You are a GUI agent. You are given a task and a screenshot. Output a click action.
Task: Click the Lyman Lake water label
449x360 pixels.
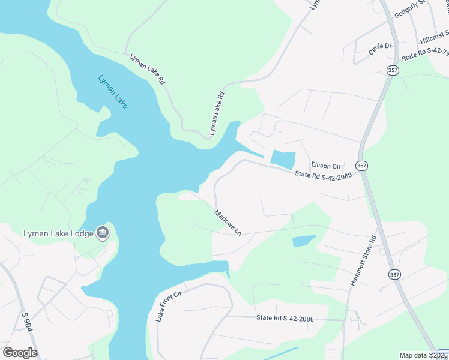[x=113, y=91]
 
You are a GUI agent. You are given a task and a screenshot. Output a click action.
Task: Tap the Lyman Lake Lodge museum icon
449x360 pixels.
[x=103, y=232]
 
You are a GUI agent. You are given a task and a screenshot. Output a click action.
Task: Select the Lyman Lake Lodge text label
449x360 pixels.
[x=58, y=233]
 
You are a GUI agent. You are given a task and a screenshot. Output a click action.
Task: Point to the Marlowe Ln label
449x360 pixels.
[x=229, y=222]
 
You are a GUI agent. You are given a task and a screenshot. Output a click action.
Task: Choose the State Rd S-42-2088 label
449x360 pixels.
[x=322, y=176]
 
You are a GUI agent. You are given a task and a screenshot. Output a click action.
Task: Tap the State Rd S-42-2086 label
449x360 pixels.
[x=285, y=318]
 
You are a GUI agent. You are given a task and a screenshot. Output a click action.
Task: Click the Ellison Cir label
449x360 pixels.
[x=326, y=165]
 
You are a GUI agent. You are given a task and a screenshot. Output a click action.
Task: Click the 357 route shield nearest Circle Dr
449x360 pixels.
[x=393, y=70]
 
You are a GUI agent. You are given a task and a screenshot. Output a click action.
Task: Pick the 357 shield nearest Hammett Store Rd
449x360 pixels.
[x=394, y=274]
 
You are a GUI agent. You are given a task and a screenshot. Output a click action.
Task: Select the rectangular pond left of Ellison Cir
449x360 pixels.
[x=283, y=159]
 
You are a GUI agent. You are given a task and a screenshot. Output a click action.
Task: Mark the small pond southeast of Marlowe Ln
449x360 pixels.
[x=303, y=241]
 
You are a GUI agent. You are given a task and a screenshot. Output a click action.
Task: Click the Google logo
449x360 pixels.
[x=20, y=353]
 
